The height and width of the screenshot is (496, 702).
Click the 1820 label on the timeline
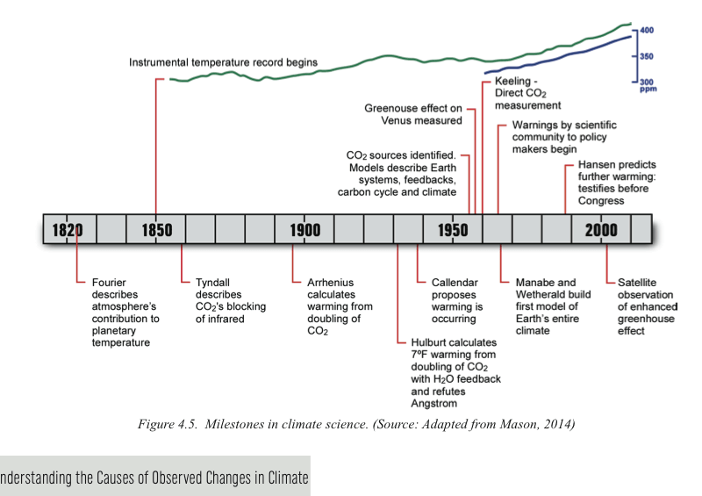pyautogui.click(x=68, y=230)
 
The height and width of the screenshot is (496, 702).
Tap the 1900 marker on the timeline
pyautogui.click(x=304, y=230)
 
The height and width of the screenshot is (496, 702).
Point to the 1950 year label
pyautogui.click(x=453, y=230)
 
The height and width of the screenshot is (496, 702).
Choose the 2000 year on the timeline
pyautogui.click(x=601, y=230)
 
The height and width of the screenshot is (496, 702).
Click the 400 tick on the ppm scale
pyautogui.click(x=648, y=31)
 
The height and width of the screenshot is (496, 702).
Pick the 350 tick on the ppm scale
pyautogui.click(x=648, y=56)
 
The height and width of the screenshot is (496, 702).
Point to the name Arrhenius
pyautogui.click(x=330, y=283)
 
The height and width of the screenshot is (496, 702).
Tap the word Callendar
pyautogui.click(x=455, y=283)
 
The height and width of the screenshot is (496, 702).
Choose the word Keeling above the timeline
pyautogui.click(x=513, y=81)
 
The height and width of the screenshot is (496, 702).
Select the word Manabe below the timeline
pyautogui.click(x=534, y=283)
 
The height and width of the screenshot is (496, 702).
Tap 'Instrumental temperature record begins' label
pyautogui.click(x=223, y=62)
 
